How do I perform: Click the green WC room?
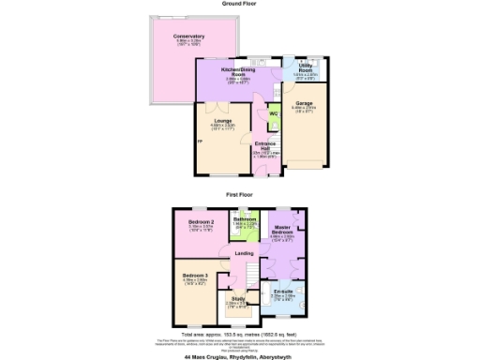274,114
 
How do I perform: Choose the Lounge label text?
221,122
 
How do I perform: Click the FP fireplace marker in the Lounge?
199,142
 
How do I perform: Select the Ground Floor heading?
240,4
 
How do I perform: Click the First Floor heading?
240,194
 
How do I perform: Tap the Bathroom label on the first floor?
246,219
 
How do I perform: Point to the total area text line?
240,334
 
